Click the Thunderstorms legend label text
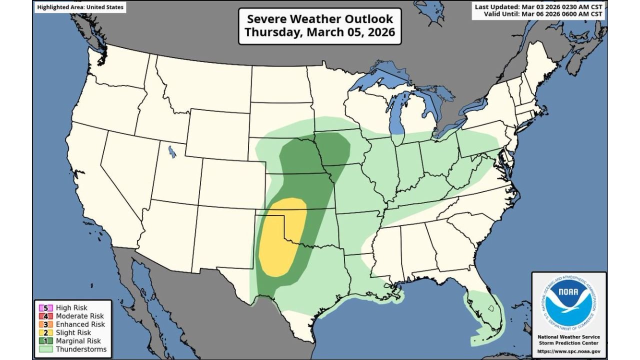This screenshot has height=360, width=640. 81,349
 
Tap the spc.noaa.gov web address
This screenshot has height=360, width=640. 569,351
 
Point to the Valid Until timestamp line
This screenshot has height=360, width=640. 543,14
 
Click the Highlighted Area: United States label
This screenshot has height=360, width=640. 80,7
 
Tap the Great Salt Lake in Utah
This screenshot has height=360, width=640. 172,151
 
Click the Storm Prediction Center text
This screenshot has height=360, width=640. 569,343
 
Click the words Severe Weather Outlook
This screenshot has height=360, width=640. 320,19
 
